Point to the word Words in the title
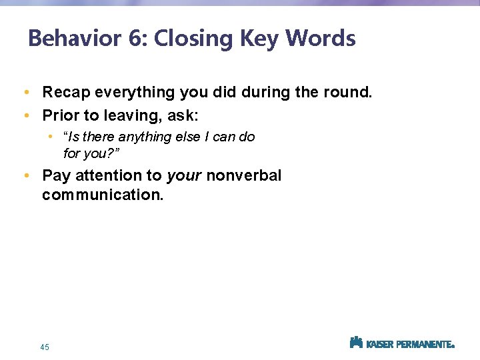pos(321,39)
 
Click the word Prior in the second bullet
pos(58,115)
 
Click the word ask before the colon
pos(181,115)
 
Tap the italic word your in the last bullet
pos(184,176)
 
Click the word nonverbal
pos(244,176)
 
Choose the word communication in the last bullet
pos(102,196)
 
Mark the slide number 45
pos(45,347)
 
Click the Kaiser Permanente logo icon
pos(356,343)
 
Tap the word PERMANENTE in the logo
pos(424,345)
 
